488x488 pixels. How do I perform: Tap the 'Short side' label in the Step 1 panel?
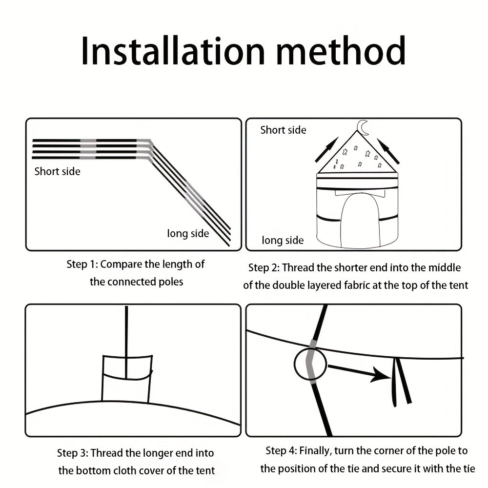click(57, 171)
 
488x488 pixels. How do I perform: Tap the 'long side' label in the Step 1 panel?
click(188, 233)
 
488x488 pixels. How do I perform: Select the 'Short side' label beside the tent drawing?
click(283, 130)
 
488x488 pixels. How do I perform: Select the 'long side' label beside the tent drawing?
click(283, 240)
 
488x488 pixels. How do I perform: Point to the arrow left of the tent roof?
click(326, 149)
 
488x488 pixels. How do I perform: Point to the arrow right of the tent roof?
click(388, 151)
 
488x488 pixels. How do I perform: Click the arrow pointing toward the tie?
click(360, 372)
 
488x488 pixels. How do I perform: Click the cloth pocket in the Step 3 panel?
click(102, 379)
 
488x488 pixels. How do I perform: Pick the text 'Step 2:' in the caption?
click(264, 268)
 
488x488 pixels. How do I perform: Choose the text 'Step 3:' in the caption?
click(73, 453)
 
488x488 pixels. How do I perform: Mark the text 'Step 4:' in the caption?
click(282, 451)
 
